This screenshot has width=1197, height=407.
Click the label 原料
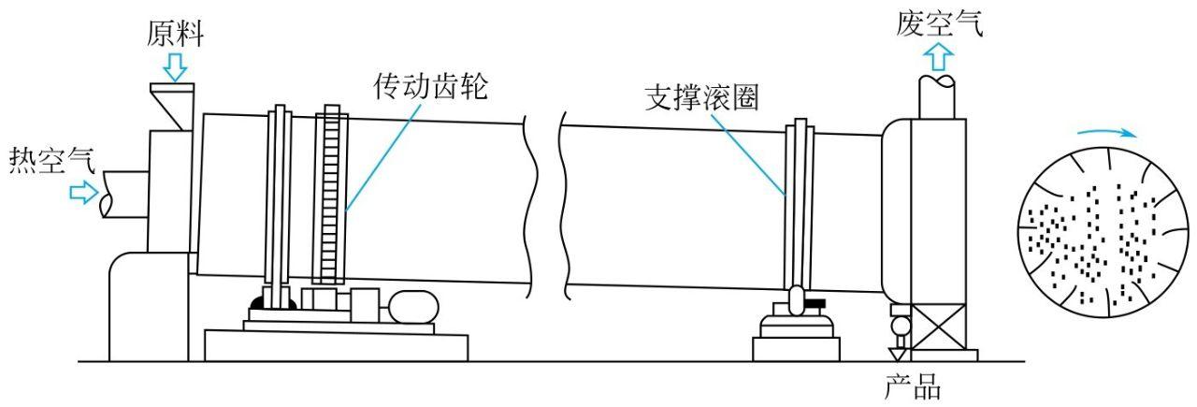tap(174, 35)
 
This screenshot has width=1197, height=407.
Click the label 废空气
tap(939, 22)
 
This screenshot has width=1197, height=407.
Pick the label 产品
tap(912, 385)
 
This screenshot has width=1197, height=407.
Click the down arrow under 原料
tap(174, 65)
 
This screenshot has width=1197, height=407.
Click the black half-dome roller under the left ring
tap(272, 304)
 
